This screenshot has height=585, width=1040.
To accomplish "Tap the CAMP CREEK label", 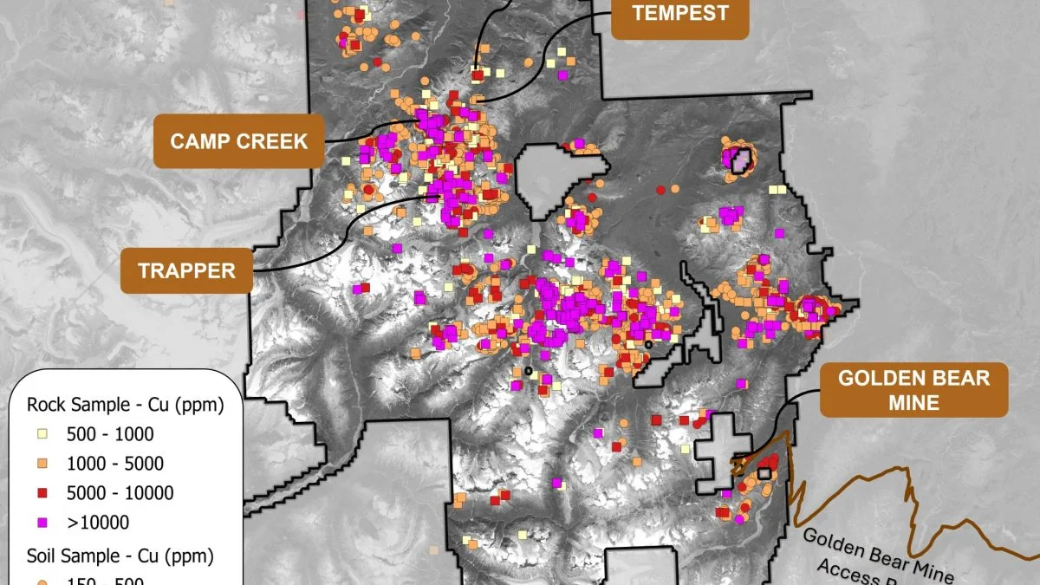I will click(238, 141).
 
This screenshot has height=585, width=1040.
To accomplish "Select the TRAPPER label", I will click(186, 270).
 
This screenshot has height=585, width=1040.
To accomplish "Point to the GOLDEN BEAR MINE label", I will click(913, 391).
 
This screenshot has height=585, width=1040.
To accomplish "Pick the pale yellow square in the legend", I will click(42, 434).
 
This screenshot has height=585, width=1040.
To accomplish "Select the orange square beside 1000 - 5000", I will click(42, 464).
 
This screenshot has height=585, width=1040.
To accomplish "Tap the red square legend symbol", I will click(42, 493).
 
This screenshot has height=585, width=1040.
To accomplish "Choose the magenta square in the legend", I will click(42, 523).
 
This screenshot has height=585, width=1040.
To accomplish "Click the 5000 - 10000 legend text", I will click(118, 493).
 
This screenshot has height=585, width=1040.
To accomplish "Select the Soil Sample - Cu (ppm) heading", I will click(120, 554).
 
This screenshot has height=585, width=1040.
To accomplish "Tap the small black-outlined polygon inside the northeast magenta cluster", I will click(739, 159).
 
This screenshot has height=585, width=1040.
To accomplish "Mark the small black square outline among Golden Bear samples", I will click(764, 473).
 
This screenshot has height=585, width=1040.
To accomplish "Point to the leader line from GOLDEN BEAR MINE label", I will click(793, 407).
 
